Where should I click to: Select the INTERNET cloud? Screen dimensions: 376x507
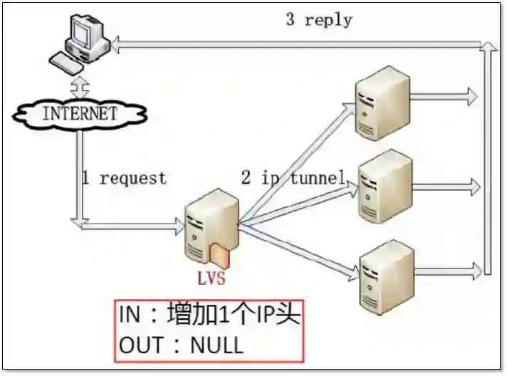pos(79,113)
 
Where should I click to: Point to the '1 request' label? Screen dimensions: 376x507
pos(123,178)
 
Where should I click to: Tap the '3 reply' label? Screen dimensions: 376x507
pos(318,19)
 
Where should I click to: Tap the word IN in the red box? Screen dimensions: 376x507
pos(130,315)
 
